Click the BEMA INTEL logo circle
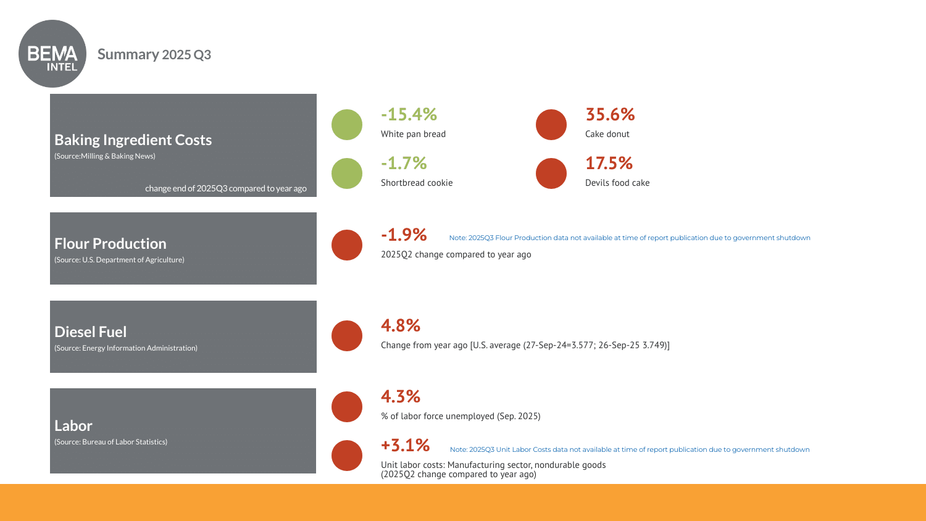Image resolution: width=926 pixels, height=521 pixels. [x=52, y=54]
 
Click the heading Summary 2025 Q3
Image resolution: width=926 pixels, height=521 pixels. [x=154, y=54]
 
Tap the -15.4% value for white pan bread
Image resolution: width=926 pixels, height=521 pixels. [x=409, y=114]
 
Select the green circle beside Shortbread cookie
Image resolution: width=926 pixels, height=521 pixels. [x=347, y=173]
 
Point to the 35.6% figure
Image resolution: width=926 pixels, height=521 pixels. [x=610, y=114]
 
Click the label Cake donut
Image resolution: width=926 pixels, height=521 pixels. [x=607, y=134]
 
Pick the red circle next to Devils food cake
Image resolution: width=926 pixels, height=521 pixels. [x=551, y=173]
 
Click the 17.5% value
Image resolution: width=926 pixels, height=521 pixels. [x=609, y=163]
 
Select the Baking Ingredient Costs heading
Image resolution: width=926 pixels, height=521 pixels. [x=133, y=140]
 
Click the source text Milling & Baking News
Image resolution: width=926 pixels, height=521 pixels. [x=105, y=156]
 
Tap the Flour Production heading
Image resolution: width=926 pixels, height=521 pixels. [x=110, y=244]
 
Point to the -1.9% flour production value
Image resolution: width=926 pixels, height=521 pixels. [x=404, y=235]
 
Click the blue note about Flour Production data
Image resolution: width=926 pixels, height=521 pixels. [x=629, y=238]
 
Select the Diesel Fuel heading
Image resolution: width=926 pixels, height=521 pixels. [x=90, y=332]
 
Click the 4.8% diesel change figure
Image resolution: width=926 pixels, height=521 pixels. [x=401, y=325]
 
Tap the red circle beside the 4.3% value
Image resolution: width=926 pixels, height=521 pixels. [x=347, y=407]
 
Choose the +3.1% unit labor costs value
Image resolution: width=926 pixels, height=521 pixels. [x=405, y=445]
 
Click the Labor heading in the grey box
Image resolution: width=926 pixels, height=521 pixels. [x=73, y=426]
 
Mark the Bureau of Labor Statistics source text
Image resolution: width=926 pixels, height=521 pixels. [x=111, y=442]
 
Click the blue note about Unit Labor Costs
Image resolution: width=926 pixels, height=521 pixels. [x=629, y=449]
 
